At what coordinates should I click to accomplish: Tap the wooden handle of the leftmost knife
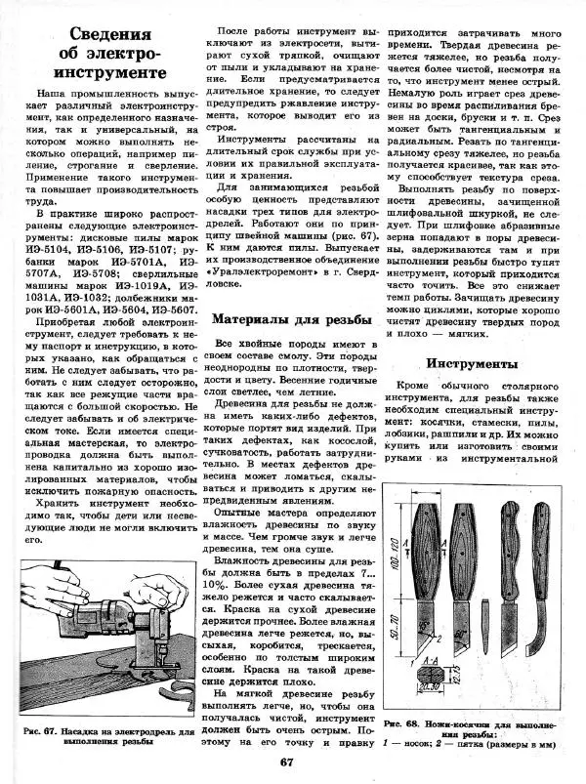426,537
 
